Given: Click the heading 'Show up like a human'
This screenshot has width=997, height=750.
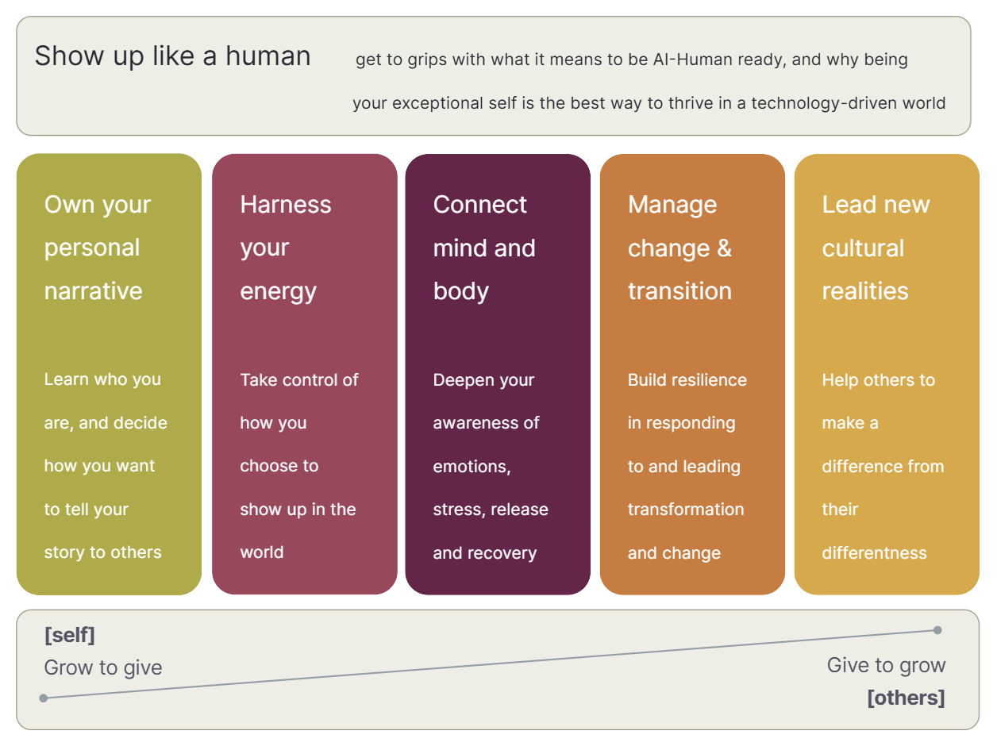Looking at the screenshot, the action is click(x=172, y=56).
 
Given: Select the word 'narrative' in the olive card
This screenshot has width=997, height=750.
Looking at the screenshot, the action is click(x=93, y=291).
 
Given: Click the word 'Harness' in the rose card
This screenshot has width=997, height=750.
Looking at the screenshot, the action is click(x=286, y=204).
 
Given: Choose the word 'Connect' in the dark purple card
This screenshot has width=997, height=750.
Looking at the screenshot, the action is click(x=479, y=204).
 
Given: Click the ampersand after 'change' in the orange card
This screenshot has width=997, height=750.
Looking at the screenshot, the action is click(x=725, y=248).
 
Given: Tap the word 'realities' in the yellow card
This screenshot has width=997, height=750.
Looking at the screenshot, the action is click(x=865, y=291).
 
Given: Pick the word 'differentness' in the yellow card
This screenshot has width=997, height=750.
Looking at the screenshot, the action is click(x=875, y=553).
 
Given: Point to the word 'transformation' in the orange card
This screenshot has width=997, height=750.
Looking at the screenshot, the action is click(x=686, y=510).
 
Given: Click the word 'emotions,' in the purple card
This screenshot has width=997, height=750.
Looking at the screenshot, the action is click(x=472, y=467).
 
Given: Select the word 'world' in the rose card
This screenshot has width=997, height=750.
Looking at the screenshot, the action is click(x=262, y=552).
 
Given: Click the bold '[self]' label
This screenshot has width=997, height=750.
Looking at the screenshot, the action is click(x=70, y=635).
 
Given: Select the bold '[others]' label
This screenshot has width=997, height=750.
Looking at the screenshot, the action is click(x=907, y=698).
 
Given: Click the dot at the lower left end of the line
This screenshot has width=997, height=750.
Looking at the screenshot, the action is click(x=44, y=698).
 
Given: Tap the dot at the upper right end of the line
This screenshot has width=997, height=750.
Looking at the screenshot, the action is click(x=937, y=630).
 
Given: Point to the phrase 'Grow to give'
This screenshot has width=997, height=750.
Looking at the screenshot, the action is click(x=103, y=667).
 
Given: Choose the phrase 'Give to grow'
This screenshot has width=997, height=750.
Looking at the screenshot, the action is click(x=886, y=666).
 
